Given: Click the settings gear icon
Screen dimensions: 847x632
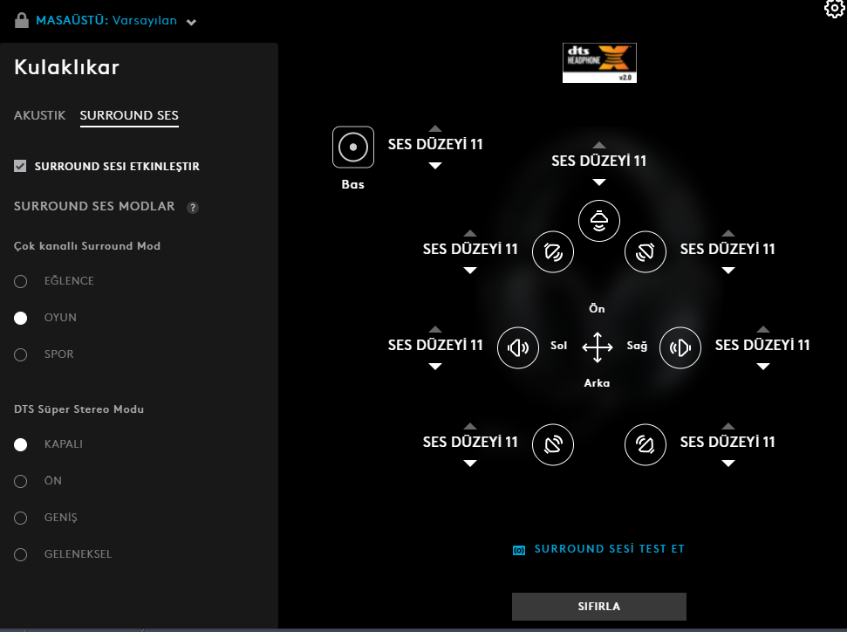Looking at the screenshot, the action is click(x=835, y=8).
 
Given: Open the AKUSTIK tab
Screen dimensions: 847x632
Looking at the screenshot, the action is click(x=39, y=115).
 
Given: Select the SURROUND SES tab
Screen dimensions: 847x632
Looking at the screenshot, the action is click(x=129, y=115).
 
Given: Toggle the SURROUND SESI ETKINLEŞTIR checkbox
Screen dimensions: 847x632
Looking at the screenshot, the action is click(x=20, y=166).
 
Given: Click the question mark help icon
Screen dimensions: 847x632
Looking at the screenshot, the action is click(x=192, y=208).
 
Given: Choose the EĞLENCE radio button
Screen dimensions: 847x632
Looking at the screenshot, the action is click(x=21, y=281).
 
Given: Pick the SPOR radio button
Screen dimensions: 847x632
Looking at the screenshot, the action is click(x=21, y=354).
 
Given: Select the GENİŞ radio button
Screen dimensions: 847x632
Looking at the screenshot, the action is click(x=21, y=518).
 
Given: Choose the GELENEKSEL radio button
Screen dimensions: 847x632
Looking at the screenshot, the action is click(x=21, y=554).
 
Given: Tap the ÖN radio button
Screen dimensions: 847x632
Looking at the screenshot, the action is click(x=21, y=481).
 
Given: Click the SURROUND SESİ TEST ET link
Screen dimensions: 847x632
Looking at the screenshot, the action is click(x=610, y=549).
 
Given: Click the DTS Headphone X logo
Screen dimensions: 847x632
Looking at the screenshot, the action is click(x=599, y=63).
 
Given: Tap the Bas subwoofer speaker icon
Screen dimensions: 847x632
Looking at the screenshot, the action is click(x=353, y=147).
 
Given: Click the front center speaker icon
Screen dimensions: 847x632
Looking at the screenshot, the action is click(x=599, y=221).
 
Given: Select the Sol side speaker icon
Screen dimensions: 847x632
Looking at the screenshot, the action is click(x=518, y=347).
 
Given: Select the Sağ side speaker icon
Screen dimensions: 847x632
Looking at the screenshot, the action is click(x=680, y=347).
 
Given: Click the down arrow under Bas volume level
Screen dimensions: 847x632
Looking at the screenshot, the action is click(x=435, y=166).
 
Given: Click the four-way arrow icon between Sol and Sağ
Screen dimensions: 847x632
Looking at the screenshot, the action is click(x=598, y=347).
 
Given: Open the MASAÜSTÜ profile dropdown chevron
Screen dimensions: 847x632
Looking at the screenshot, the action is click(x=191, y=22).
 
